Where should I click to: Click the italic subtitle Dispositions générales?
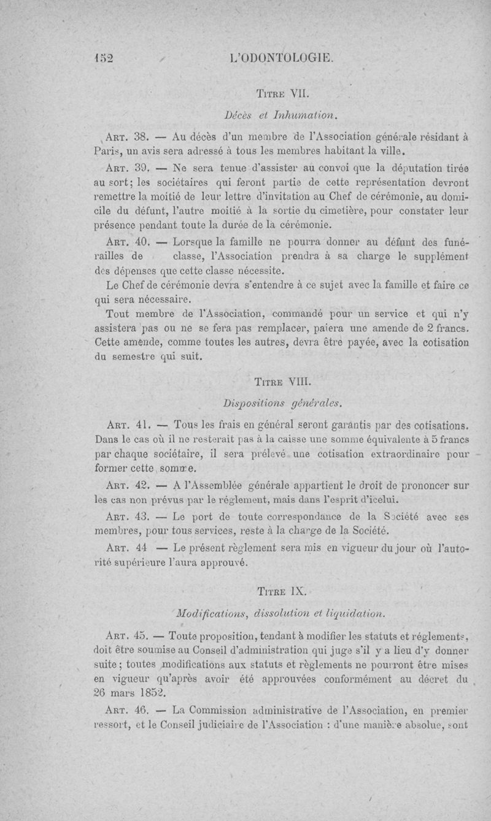pos(280,404)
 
